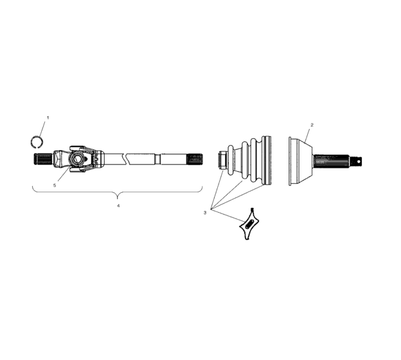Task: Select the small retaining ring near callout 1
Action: (37, 141)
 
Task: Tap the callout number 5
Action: (55, 186)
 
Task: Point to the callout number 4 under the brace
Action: (118, 206)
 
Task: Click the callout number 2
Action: (312, 125)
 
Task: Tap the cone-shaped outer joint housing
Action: (299, 161)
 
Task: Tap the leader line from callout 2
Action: (308, 134)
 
